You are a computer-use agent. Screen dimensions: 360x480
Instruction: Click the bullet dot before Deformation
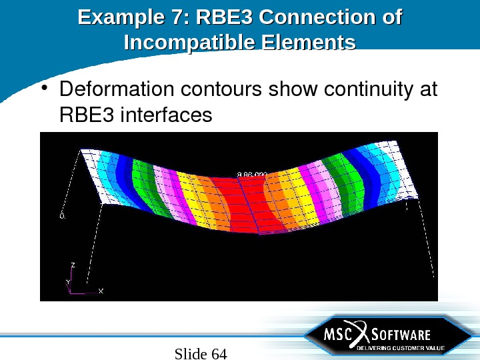point(45,89)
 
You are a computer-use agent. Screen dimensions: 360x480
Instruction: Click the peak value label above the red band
point(252,175)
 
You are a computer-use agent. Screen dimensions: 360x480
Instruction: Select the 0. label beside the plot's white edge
point(62,216)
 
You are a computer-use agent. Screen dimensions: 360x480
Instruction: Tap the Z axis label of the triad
point(73,265)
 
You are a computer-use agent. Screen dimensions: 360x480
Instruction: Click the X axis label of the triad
point(101,291)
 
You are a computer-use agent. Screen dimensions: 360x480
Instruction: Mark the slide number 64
point(219,353)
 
